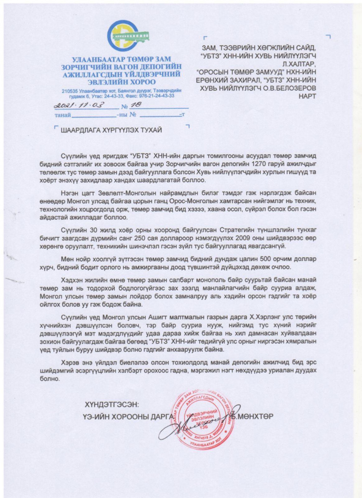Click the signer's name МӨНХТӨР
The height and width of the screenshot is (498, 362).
pyautogui.click(x=256, y=416)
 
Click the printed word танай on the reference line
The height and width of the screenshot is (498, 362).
pyautogui.click(x=63, y=115)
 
